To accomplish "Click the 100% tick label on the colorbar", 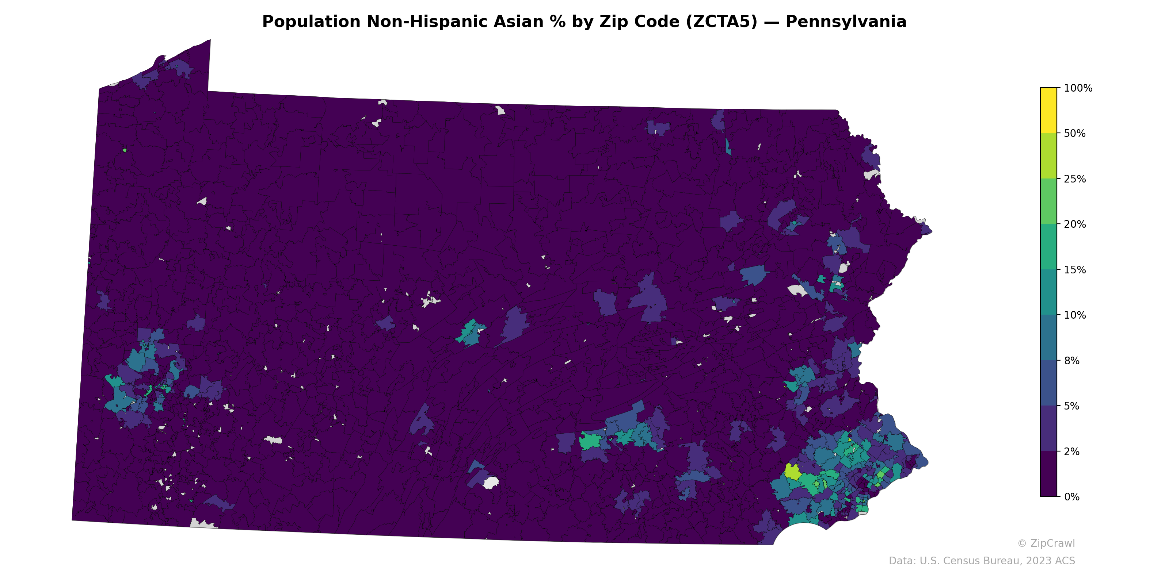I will (x=1078, y=88).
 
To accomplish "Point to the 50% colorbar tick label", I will (x=1075, y=134).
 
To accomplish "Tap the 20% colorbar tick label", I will (x=1075, y=224).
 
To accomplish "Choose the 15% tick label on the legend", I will (x=1075, y=270).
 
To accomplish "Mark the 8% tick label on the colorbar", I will (x=1071, y=361).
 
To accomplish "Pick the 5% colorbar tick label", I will (x=1071, y=406).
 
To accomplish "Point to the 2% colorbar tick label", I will (x=1071, y=452).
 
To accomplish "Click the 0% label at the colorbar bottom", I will (x=1071, y=497).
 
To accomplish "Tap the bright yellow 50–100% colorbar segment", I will (x=1048, y=110).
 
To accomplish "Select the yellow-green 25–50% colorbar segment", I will (x=1048, y=155).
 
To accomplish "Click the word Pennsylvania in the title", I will (x=846, y=22).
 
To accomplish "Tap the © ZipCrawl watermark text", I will (x=1046, y=543).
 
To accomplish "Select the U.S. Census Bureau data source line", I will (x=982, y=561).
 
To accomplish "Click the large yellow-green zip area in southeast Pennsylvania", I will (x=792, y=472).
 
